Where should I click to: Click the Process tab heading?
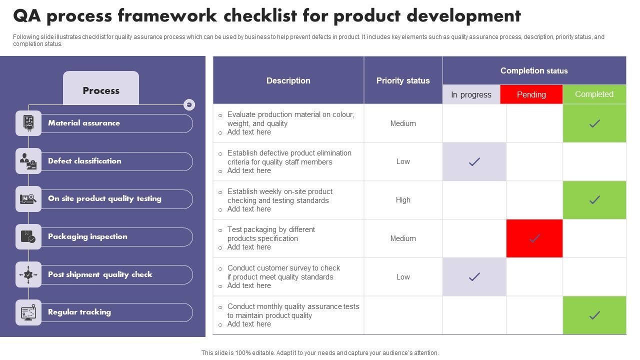pos(101,90)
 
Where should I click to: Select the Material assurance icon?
pos(28,123)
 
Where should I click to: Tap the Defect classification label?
pos(84,161)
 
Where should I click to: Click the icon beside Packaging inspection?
pos(28,236)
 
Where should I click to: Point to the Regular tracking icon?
pos(28,312)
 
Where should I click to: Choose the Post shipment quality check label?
pos(100,274)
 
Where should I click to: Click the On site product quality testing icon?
pos(28,199)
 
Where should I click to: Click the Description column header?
pos(288,80)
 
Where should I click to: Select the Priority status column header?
pos(403,80)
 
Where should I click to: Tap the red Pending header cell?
pos(531,94)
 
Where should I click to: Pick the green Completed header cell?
pos(594,94)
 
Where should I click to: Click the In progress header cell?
pos(471,94)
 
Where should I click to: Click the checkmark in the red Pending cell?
pos(534,238)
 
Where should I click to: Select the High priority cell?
pos(403,200)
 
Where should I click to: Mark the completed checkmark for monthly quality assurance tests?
pos(594,315)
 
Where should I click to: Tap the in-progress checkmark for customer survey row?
pos(474,276)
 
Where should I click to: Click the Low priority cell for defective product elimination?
pos(403,161)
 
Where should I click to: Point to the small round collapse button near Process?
pos(189,104)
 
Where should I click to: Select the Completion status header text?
pos(534,70)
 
